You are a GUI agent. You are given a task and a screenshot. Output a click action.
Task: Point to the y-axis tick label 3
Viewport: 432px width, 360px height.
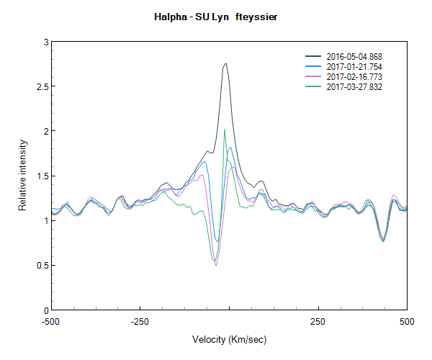coord(45,42)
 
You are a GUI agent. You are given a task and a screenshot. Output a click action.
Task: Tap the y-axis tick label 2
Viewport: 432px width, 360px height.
coord(45,132)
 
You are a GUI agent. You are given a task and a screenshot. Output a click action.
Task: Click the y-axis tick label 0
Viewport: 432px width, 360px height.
coord(45,310)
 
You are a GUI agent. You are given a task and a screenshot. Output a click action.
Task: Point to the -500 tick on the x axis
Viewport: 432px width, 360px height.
coord(50,322)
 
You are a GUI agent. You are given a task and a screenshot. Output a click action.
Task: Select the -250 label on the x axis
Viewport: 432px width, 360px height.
coord(140,322)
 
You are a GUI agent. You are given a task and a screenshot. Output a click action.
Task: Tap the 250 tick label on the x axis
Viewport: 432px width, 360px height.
coord(318,322)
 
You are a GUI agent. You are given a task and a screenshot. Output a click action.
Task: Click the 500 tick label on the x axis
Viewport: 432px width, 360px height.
coord(407,322)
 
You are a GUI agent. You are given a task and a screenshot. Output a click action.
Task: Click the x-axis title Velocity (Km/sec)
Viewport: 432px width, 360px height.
coord(229,339)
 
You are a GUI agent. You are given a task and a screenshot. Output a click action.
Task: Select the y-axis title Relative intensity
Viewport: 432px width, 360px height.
coord(22,176)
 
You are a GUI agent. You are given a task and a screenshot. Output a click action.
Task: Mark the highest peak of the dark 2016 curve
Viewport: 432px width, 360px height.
coord(225,63)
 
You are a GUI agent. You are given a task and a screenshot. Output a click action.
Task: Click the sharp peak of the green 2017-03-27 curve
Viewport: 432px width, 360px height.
coord(225,130)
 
